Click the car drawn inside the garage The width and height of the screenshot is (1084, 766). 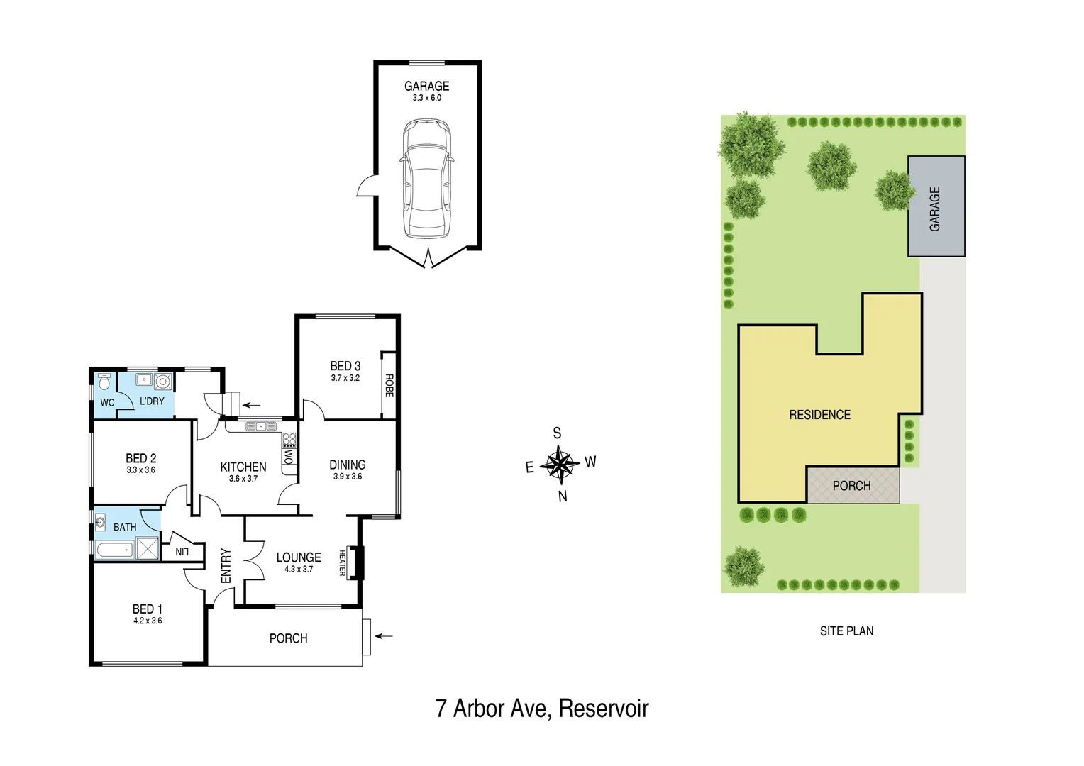pos(427,179)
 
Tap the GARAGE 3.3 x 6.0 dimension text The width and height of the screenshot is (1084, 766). pos(427,98)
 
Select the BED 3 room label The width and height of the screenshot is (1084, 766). pos(345,366)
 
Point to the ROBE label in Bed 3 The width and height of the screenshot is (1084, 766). pos(389,385)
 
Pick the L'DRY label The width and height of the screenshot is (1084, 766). pos(152,401)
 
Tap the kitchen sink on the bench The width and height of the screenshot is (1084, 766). pos(261,426)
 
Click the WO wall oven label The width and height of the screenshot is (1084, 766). pos(289,456)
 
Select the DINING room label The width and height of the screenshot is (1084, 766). pos(348,465)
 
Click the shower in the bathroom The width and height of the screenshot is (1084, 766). pos(148,548)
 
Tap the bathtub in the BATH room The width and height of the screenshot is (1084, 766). pos(115,550)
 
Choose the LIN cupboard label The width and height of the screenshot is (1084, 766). pos(182,552)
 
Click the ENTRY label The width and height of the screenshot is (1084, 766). pos(226,565)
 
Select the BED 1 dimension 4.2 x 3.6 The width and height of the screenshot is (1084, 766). pos(148,621)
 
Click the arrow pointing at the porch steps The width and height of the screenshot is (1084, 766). pos(384,636)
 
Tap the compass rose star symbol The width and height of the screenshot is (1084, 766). pos(560,465)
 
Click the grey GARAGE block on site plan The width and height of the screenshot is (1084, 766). pos(936,206)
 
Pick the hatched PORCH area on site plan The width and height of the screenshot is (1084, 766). pos(852,486)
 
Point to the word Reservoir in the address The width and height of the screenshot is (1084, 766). pos(604,709)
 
